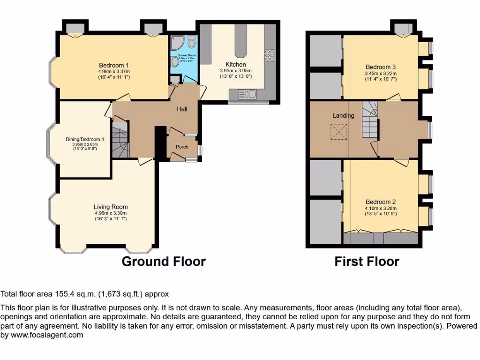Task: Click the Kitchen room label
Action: point(235,64)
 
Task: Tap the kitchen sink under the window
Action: point(245,96)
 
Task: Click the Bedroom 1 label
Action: point(114,65)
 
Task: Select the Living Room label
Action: point(111,207)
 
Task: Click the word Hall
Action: point(182,109)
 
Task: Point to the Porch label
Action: point(182,147)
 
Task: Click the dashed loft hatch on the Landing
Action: point(338,131)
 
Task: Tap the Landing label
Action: point(343,115)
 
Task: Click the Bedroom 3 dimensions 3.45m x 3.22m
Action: point(381,73)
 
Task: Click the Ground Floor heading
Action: point(164,261)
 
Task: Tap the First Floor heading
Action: point(367,261)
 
